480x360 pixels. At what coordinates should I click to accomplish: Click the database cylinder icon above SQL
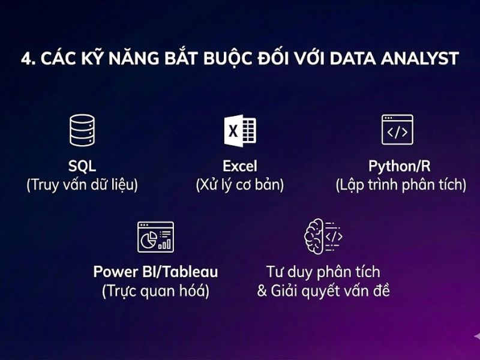(x=82, y=130)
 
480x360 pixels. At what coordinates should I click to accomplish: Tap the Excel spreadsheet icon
(x=240, y=130)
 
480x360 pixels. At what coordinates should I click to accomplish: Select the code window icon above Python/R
(x=397, y=130)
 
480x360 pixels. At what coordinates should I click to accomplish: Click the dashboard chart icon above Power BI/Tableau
(x=155, y=237)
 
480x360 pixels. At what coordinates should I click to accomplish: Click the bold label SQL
(x=82, y=166)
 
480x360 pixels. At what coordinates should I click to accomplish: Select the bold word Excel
(x=239, y=166)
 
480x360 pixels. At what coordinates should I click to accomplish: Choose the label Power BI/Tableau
(x=155, y=272)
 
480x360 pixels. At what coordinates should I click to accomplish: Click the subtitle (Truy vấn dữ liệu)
(x=82, y=185)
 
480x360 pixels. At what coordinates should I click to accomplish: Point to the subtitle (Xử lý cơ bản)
(x=239, y=185)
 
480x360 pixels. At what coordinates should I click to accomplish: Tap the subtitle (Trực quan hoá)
(x=155, y=292)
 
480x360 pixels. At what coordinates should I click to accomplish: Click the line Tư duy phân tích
(x=323, y=272)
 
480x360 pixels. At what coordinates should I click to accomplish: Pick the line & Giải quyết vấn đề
(x=323, y=292)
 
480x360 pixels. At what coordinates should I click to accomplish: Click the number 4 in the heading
(x=25, y=58)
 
